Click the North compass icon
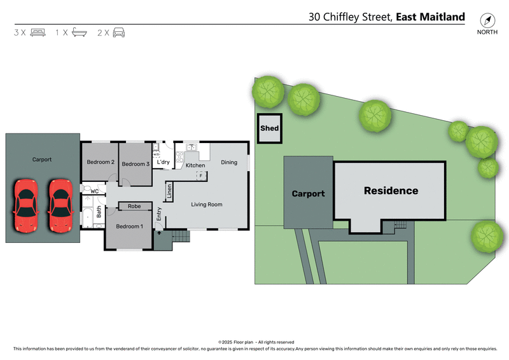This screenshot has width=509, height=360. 487,20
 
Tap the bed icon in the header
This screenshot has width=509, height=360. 38,32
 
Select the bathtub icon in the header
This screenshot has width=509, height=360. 79,32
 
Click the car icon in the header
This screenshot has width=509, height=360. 119,32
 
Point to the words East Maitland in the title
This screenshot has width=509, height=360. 430,17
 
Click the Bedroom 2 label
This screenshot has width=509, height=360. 101,162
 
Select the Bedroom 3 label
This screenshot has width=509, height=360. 136,164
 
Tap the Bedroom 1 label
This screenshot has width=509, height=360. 129,226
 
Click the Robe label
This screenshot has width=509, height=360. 134,206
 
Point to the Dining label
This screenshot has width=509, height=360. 229,162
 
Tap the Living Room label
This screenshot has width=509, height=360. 207,204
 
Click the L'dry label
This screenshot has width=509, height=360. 164,162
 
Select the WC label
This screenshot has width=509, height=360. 94,191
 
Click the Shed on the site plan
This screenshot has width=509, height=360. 269,128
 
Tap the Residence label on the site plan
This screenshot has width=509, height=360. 391,190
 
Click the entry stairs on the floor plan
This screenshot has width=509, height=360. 181,237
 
